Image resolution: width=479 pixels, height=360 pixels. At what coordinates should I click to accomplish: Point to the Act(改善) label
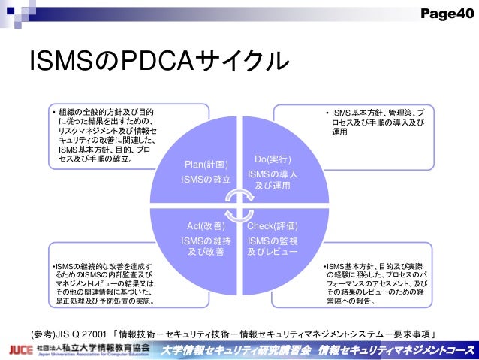pos(206,225)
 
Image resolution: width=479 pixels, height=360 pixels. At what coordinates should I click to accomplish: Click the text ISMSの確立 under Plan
pos(206,180)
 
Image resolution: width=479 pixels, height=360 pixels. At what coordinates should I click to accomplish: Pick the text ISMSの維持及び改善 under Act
pos(206,246)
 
